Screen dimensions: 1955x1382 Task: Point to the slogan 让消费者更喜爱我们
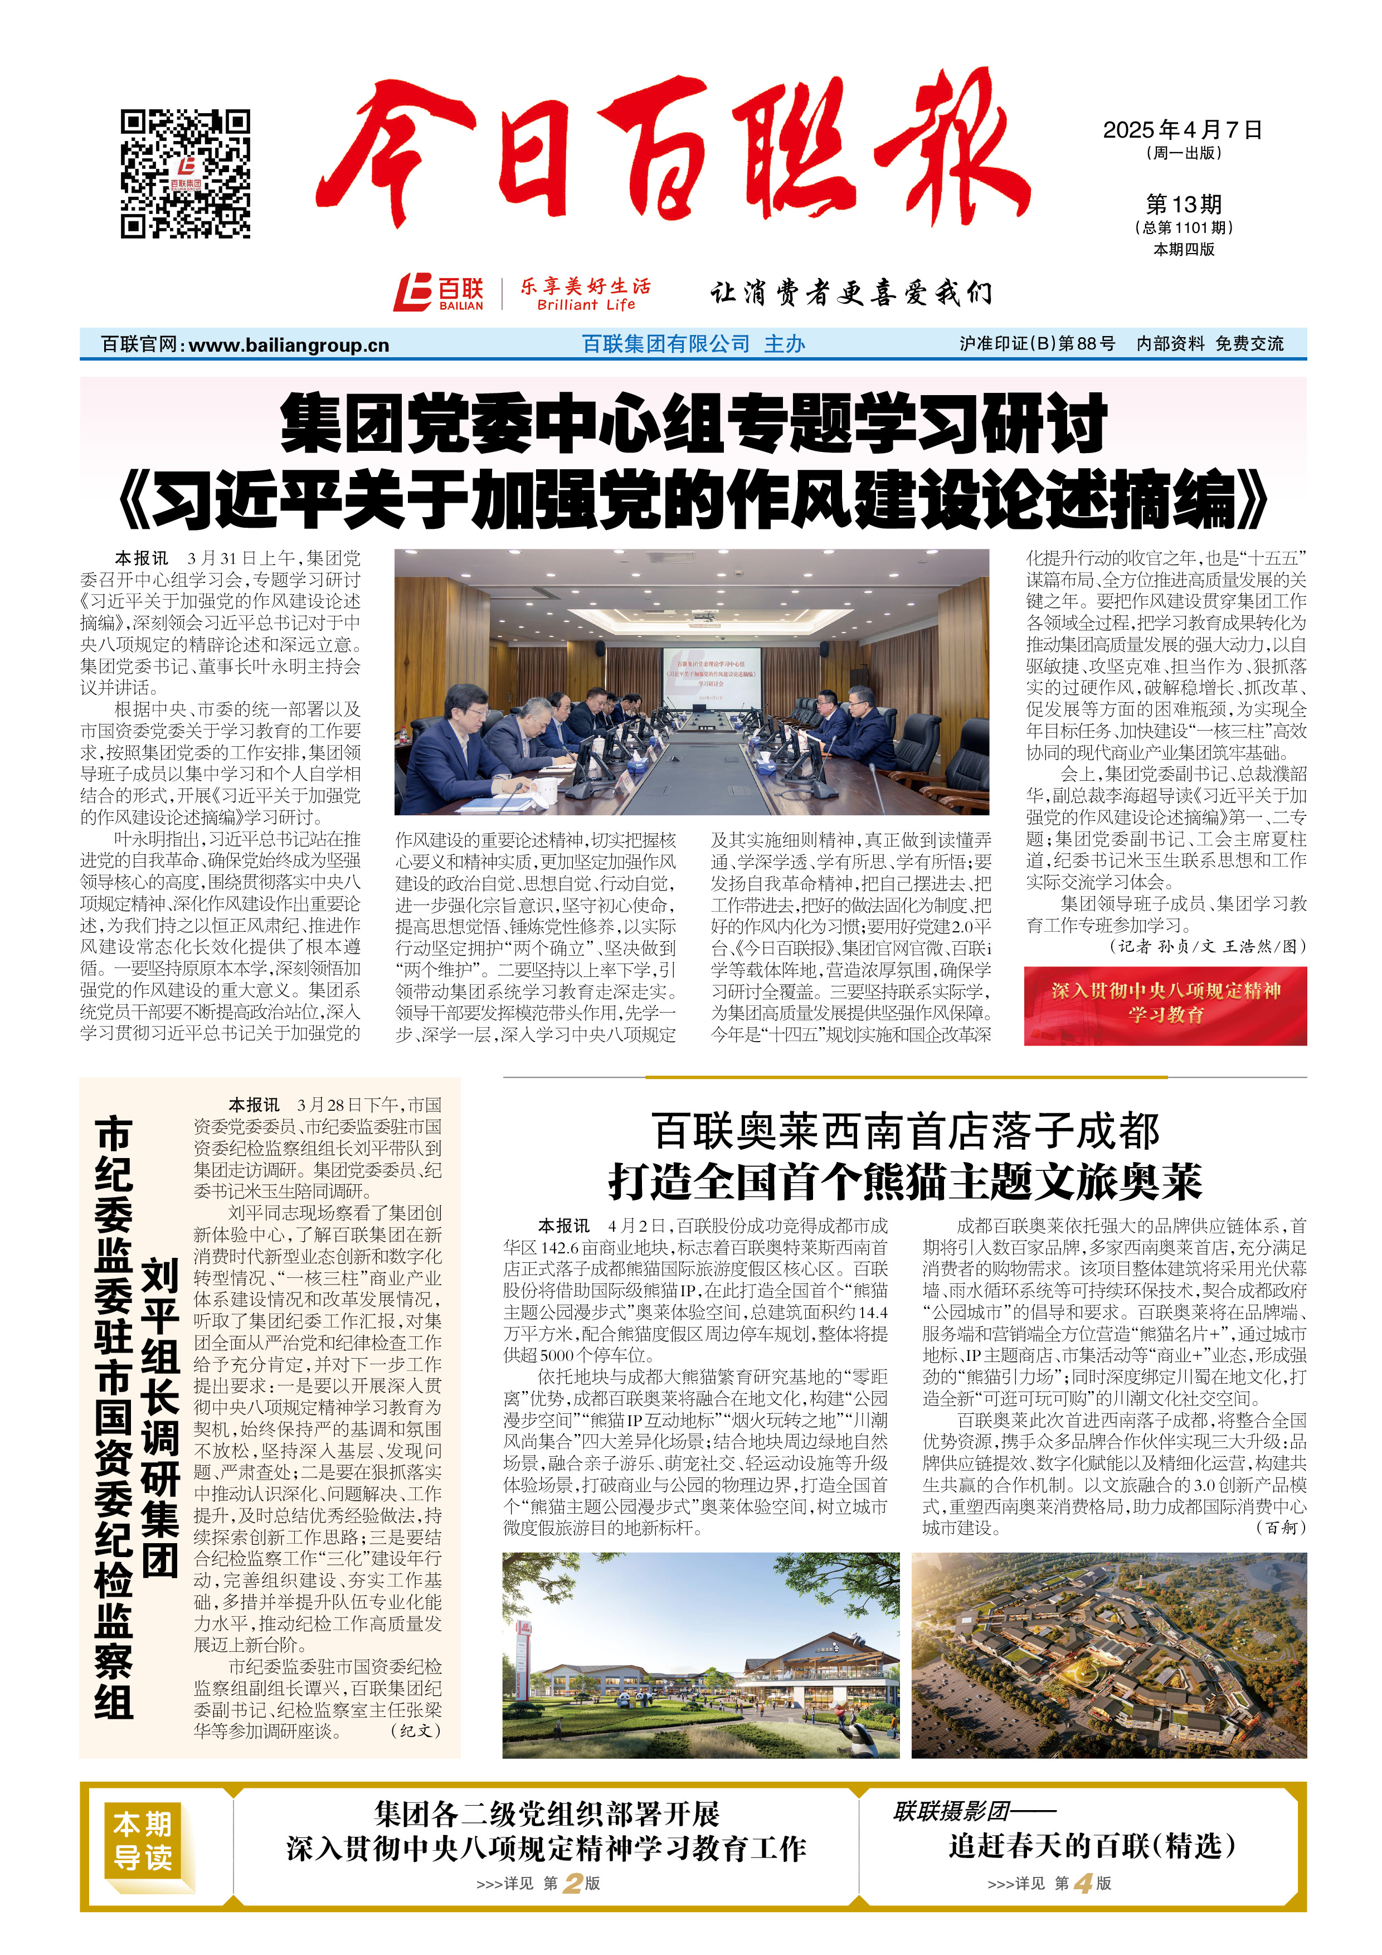[x=851, y=293]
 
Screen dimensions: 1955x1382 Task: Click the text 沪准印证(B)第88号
[x=1036, y=344]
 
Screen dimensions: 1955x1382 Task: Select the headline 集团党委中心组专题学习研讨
[x=693, y=423]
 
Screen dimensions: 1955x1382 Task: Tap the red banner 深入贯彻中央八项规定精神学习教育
[x=1165, y=1005]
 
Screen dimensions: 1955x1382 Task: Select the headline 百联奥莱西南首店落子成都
[x=905, y=1132]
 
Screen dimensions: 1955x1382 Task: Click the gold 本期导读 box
[x=143, y=1840]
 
